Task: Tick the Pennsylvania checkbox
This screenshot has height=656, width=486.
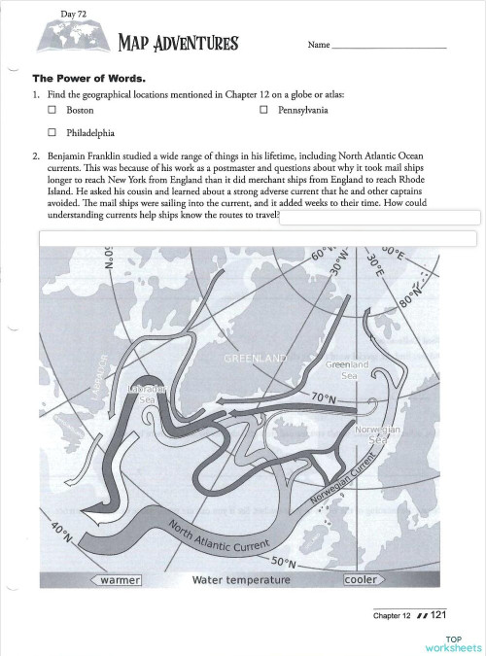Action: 263,111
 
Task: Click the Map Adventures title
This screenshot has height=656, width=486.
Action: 177,43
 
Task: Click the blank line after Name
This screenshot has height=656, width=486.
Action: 389,46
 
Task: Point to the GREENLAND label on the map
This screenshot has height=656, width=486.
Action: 256,359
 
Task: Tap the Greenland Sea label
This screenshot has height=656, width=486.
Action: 346,369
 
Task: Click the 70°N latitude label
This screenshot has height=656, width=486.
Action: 323,398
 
